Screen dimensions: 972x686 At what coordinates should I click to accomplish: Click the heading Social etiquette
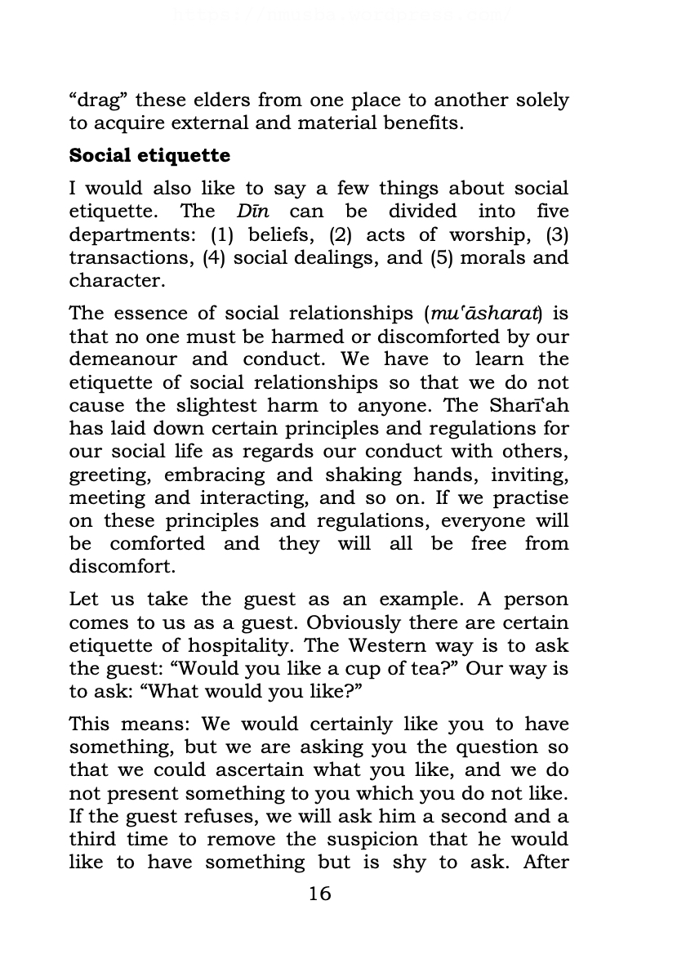click(149, 155)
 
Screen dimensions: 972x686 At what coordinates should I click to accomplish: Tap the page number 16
click(320, 894)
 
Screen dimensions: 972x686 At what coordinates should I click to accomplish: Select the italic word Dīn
click(252, 211)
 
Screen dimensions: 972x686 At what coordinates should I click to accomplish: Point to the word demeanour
click(120, 359)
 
